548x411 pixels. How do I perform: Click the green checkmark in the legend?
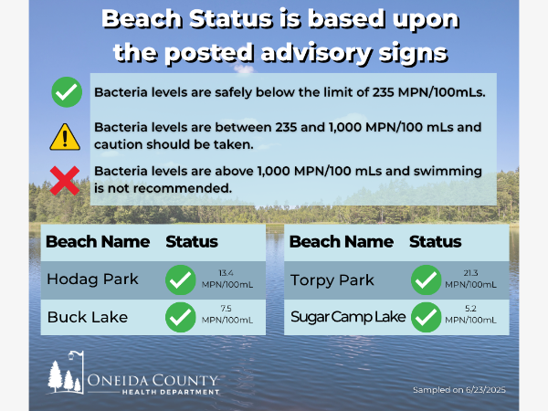[x=67, y=92]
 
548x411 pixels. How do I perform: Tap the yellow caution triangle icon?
[x=65, y=137]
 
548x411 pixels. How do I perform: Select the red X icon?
[x=65, y=181]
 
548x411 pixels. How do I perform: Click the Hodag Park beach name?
[x=92, y=279]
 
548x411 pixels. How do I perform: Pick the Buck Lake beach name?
[x=88, y=317]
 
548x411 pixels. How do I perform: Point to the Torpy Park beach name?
[x=332, y=280]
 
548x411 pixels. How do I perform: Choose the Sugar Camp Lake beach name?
[x=348, y=317]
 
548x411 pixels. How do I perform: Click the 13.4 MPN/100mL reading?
[x=227, y=279]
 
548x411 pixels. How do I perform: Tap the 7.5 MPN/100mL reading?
[x=227, y=314]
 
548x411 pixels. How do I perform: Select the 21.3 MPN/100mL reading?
[x=470, y=279]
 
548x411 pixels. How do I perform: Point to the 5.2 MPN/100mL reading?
[x=470, y=314]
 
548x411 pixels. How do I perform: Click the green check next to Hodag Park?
[x=181, y=280]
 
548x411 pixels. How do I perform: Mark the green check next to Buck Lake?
[x=181, y=317]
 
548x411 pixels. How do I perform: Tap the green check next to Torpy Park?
[x=427, y=280]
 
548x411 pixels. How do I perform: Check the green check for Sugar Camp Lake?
[x=427, y=317]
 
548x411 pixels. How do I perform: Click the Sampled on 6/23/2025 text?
[x=459, y=390]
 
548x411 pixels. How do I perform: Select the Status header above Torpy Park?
[x=436, y=241]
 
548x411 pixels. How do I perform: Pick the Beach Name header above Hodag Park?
[x=98, y=241]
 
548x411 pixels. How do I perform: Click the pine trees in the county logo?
[x=64, y=376]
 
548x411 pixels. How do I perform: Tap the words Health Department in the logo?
[x=171, y=392]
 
